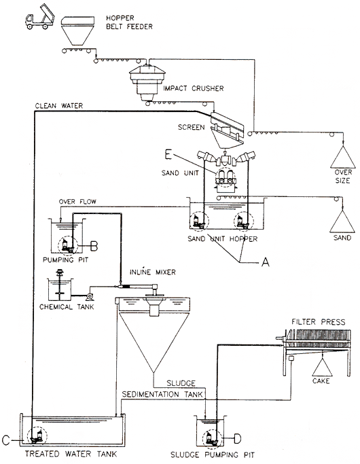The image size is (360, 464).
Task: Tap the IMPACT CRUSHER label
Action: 194,88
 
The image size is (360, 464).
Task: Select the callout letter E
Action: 168,154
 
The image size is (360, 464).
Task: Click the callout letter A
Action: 266,262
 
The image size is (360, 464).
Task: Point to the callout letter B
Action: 94,245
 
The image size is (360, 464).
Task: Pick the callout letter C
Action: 6,440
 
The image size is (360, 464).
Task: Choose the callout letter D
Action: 238,439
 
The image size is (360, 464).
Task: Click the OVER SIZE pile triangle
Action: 343,157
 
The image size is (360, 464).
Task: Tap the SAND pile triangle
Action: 342,221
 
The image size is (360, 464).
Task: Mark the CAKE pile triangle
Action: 322,367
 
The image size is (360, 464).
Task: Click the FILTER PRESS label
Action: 319,321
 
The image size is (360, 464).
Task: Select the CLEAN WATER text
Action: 59,106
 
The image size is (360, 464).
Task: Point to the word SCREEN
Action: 191,127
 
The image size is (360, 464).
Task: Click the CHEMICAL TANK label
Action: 67,307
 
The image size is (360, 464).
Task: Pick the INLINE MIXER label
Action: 153,272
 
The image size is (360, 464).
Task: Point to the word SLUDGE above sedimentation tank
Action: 181,383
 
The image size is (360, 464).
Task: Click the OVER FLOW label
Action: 77,202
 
